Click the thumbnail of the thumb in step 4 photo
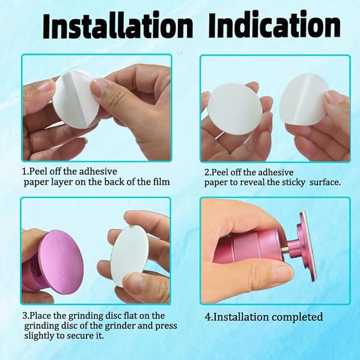tap(281, 273)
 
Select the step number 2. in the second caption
tap(208, 172)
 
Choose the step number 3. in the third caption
tap(25, 316)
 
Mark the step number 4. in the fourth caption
tap(209, 318)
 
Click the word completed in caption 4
tap(297, 318)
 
